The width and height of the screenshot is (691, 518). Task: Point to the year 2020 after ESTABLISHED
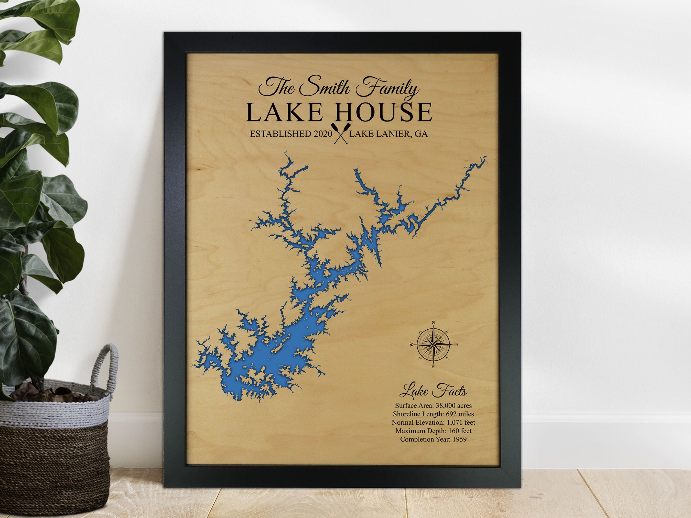(323, 134)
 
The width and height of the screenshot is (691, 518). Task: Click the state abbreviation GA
(421, 134)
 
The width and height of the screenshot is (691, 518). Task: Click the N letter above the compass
(433, 322)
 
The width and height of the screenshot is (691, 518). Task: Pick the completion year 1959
(460, 439)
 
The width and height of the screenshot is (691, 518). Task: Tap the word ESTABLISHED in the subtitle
(280, 134)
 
